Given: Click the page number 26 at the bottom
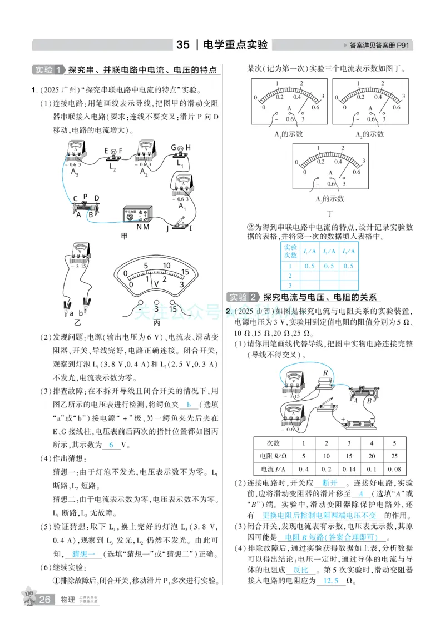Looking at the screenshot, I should (x=46, y=600).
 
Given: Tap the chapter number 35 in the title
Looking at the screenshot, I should (x=183, y=45).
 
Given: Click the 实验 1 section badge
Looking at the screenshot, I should (x=48, y=70).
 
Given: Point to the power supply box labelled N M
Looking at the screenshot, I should (x=137, y=216).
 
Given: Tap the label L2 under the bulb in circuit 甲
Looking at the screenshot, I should (x=112, y=166).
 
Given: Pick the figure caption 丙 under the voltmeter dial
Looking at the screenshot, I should (x=156, y=322).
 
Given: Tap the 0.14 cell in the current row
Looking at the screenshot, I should (x=348, y=468).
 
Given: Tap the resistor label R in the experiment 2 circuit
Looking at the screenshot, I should (x=323, y=373).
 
